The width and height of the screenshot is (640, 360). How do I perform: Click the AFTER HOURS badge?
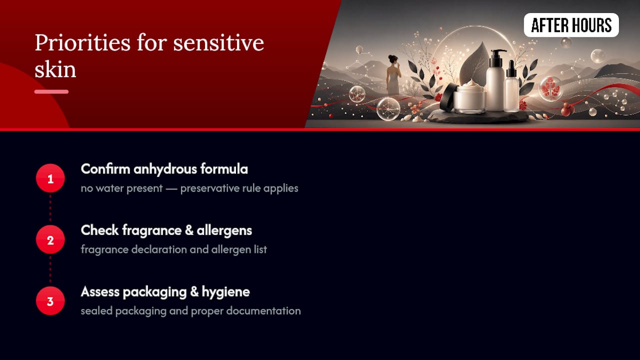(571, 25)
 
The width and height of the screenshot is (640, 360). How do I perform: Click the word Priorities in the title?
(82, 43)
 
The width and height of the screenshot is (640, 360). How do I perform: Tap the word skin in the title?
(55, 69)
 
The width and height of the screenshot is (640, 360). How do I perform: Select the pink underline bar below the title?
(51, 91)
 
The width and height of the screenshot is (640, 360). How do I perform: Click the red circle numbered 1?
(50, 178)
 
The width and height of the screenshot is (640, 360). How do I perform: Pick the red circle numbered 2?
(50, 239)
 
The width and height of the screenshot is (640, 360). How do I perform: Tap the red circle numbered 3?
(50, 301)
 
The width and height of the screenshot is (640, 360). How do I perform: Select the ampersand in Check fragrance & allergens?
(189, 230)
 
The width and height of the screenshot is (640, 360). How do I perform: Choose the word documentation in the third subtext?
(263, 311)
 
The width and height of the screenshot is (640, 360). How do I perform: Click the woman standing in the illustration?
(393, 75)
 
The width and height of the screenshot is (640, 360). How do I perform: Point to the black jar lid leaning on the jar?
(447, 97)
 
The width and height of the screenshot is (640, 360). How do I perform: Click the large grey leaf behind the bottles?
(474, 63)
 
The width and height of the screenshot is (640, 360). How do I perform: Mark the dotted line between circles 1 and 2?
(50, 209)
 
